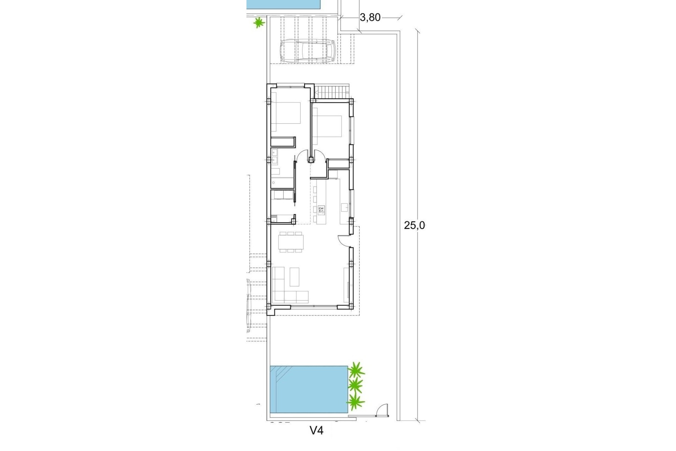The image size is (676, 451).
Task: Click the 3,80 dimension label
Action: click(370, 18)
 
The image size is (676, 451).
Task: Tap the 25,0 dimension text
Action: click(414, 225)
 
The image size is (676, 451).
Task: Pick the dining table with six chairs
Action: click(291, 242)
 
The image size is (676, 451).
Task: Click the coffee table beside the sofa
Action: click(294, 277)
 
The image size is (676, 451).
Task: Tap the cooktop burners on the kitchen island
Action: click(321, 211)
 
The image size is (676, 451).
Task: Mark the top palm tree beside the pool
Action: click(356, 370)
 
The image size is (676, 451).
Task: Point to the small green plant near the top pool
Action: click(259, 23)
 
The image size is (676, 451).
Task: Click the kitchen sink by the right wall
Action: click(345, 207)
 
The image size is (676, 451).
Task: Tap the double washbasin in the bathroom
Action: click(274, 157)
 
